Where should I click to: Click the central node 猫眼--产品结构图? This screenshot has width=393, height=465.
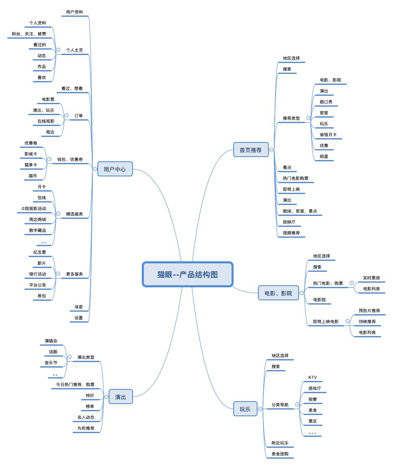point(187,274)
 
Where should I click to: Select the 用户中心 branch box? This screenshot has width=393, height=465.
point(115,169)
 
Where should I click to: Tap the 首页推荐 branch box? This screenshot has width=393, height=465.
point(251,150)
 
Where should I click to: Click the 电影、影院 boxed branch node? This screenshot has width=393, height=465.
point(278,293)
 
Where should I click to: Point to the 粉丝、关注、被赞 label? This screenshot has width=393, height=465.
point(29,34)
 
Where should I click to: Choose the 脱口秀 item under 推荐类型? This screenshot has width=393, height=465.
point(326,102)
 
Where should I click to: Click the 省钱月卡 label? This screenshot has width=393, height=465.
point(328,135)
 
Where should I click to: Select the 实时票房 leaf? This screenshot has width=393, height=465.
point(371,278)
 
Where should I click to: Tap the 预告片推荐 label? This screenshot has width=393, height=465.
point(369,311)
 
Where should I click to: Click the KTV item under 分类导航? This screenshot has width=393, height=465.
point(312,378)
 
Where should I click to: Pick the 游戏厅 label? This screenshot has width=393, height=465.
point(315,389)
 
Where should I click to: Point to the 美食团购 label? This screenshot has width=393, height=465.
point(280,454)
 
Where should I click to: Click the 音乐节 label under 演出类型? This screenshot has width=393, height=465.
point(51,363)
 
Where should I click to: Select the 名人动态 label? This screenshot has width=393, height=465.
point(86,418)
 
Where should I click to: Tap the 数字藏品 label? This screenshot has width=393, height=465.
point(37,231)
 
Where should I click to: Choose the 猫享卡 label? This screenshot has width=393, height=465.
point(31,165)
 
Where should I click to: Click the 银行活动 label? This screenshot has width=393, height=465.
point(38,274)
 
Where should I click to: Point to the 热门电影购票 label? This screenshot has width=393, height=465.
point(295,179)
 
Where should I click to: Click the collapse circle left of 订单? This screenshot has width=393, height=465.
point(66,116)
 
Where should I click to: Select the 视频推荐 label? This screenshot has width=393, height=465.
point(291,233)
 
